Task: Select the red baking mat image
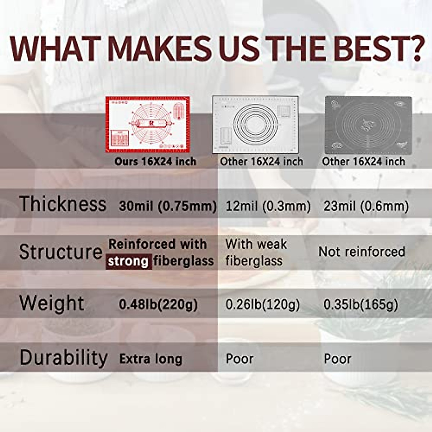point(148,125)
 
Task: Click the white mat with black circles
point(255,125)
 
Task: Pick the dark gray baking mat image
point(368,125)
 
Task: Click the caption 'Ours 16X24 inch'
point(155,162)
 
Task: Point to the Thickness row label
point(63,203)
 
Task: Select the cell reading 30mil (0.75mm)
point(168,206)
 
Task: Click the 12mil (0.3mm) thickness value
point(268,206)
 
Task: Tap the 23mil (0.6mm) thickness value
point(366,206)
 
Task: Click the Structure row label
point(61,252)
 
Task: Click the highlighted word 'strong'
point(129,261)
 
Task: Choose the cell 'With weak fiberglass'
point(256,252)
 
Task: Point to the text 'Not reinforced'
point(361,252)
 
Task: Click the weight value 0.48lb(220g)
point(158,305)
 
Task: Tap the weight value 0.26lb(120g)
point(262,305)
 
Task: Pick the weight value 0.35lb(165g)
point(361,305)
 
